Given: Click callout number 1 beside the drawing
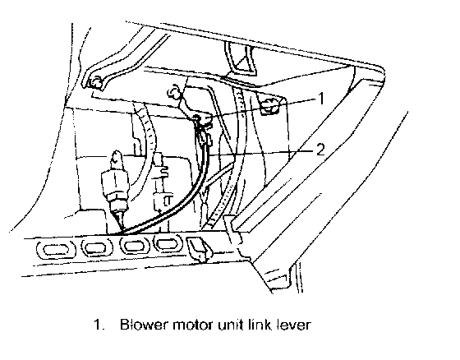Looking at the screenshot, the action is [321, 99].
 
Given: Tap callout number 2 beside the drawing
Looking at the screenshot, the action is [320, 150].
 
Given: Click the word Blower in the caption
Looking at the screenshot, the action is [144, 325].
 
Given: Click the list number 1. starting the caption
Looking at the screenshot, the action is [99, 325].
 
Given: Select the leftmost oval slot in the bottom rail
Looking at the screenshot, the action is [56, 250].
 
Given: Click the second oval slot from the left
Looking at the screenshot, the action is [97, 247].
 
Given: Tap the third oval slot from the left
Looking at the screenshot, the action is [133, 245].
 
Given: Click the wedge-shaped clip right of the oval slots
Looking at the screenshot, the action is [199, 248].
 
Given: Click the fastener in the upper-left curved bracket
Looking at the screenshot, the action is [94, 82].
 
